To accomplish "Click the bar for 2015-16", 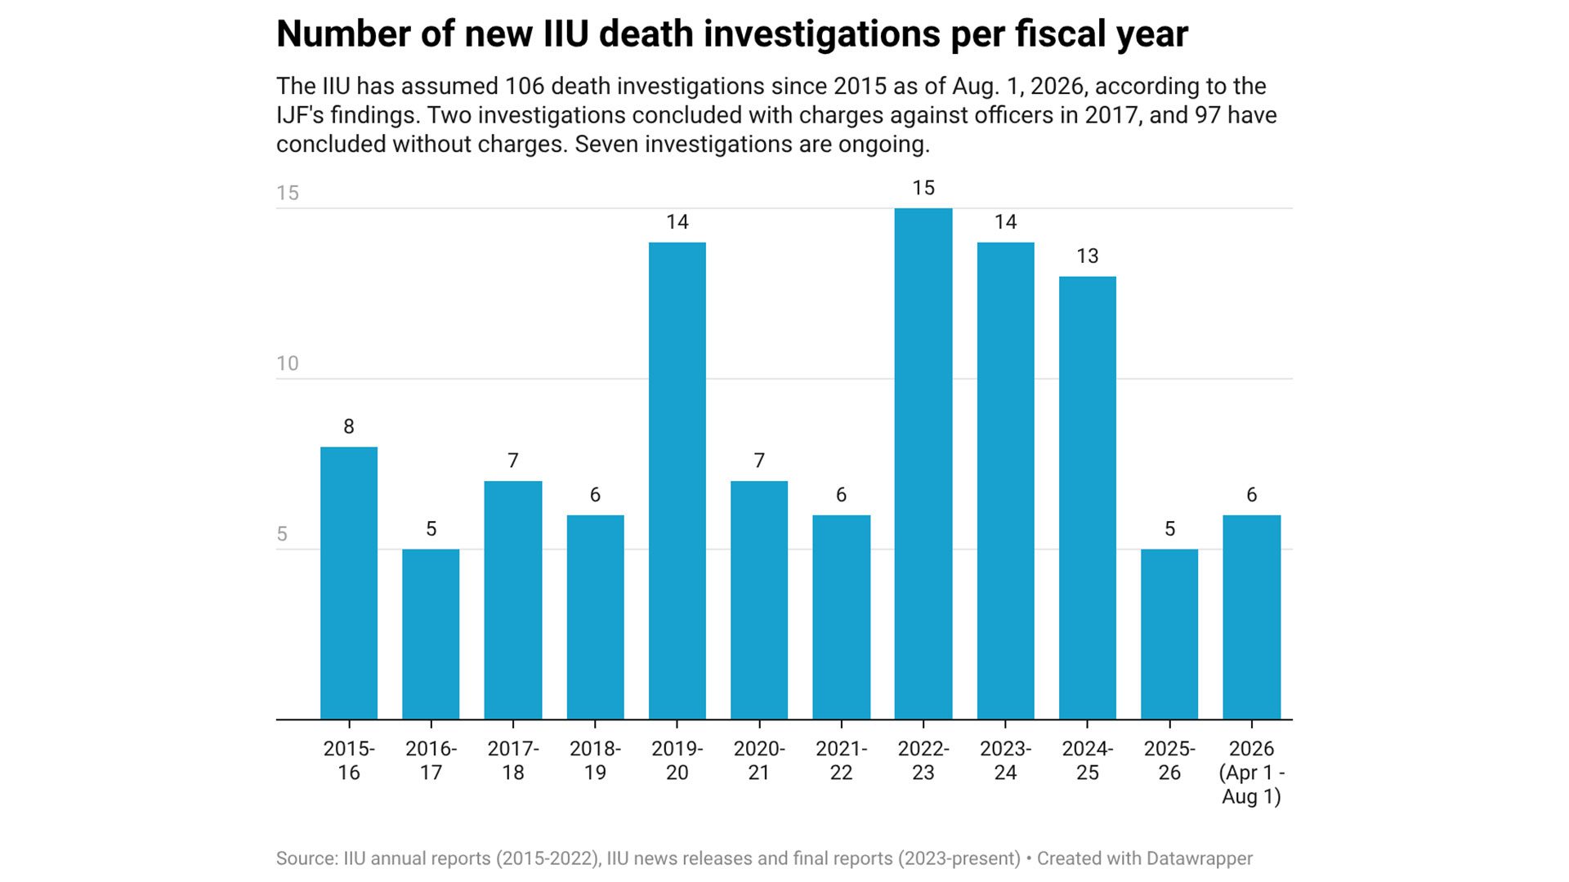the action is pyautogui.click(x=349, y=583).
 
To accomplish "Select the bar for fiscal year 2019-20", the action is pyautogui.click(x=677, y=481).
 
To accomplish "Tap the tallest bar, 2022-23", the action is pyautogui.click(x=923, y=464).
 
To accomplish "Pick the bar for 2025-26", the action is pyautogui.click(x=1169, y=635).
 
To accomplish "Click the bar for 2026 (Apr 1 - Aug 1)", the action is pyautogui.click(x=1252, y=617).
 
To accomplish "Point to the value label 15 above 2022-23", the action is pyautogui.click(x=923, y=188).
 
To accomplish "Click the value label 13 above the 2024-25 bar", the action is pyautogui.click(x=1088, y=256).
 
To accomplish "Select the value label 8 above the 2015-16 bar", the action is pyautogui.click(x=349, y=426).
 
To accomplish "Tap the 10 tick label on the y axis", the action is pyautogui.click(x=288, y=363).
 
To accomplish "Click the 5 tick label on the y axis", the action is pyautogui.click(x=282, y=534).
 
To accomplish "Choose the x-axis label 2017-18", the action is pyautogui.click(x=513, y=760).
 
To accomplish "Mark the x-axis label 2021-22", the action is pyautogui.click(x=842, y=760).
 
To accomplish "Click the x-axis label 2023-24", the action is pyautogui.click(x=1006, y=760).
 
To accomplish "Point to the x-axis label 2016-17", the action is pyautogui.click(x=431, y=760).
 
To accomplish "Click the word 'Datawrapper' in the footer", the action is pyautogui.click(x=1200, y=859).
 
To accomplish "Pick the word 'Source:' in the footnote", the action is pyautogui.click(x=307, y=859).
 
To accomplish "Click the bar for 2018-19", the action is pyautogui.click(x=596, y=617).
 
